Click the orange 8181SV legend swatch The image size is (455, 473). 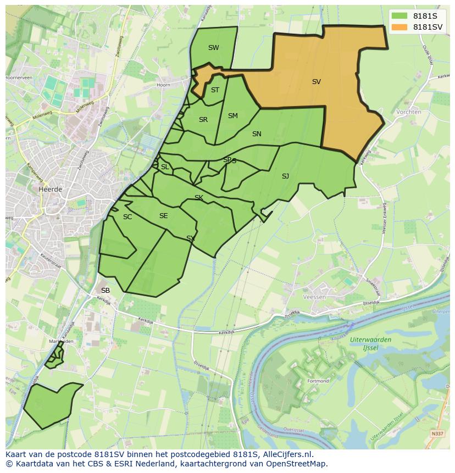[400, 27]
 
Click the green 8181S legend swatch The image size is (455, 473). [400, 16]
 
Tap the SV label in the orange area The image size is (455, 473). [316, 82]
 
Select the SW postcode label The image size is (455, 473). [213, 48]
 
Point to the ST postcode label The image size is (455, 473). [215, 90]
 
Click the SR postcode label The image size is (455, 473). [203, 120]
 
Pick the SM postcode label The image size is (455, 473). [232, 116]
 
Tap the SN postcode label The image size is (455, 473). [257, 134]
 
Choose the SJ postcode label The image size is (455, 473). [285, 176]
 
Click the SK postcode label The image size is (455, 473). [199, 198]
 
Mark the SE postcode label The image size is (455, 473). [163, 216]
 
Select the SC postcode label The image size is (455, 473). [127, 217]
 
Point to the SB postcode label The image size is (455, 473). [106, 290]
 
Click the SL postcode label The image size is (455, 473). [165, 167]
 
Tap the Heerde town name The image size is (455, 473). [51, 189]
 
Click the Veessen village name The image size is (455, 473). [315, 297]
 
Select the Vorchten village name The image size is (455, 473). [408, 112]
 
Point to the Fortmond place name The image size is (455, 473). [318, 381]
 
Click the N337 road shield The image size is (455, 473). [437, 434]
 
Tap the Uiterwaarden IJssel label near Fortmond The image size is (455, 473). [370, 344]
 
